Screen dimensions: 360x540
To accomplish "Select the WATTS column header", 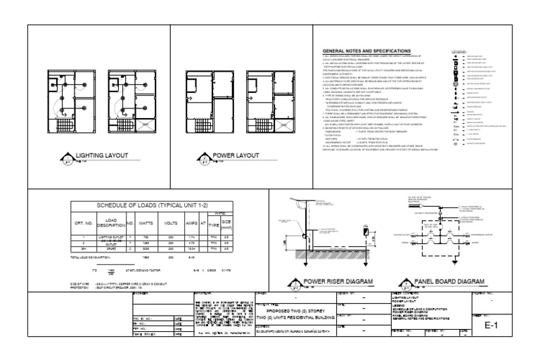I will coord(146,223).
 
